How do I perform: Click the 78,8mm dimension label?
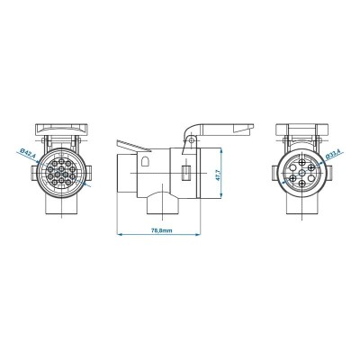click(163, 229)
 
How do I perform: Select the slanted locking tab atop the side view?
click(130, 141)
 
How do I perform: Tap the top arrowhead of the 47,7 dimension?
click(220, 146)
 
